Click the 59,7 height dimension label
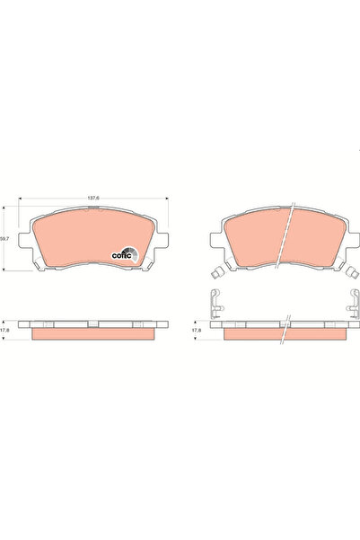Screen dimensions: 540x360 (x=5, y=239)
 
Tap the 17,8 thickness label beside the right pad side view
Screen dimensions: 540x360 (x=197, y=329)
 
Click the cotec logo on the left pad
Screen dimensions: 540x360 (x=124, y=253)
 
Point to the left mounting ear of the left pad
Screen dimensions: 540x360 (x=28, y=242)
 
